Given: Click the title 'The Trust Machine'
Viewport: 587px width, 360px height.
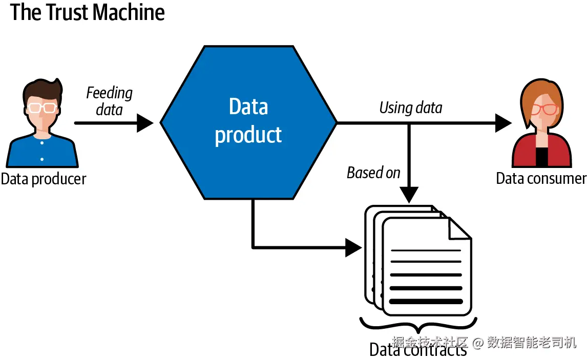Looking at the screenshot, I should click(88, 12).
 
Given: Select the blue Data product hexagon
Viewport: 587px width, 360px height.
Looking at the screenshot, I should click(248, 122).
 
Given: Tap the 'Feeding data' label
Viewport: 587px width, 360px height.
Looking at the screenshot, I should click(109, 101).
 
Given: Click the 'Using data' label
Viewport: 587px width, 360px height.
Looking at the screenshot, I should click(410, 108).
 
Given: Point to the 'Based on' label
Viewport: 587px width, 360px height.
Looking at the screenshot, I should click(373, 173).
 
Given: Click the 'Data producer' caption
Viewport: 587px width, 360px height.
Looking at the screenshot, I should click(44, 179).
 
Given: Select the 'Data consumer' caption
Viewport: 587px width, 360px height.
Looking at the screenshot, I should click(541, 178).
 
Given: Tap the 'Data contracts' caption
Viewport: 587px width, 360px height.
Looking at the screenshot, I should click(417, 350).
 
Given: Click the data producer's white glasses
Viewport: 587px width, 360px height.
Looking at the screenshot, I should click(42, 108).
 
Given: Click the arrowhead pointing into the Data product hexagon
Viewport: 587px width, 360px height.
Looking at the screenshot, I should click(145, 123).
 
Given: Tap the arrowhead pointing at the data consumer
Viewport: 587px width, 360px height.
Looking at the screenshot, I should click(503, 123).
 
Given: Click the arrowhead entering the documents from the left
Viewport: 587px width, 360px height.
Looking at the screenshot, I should click(353, 248).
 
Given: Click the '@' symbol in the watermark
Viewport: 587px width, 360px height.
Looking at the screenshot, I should click(478, 342).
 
